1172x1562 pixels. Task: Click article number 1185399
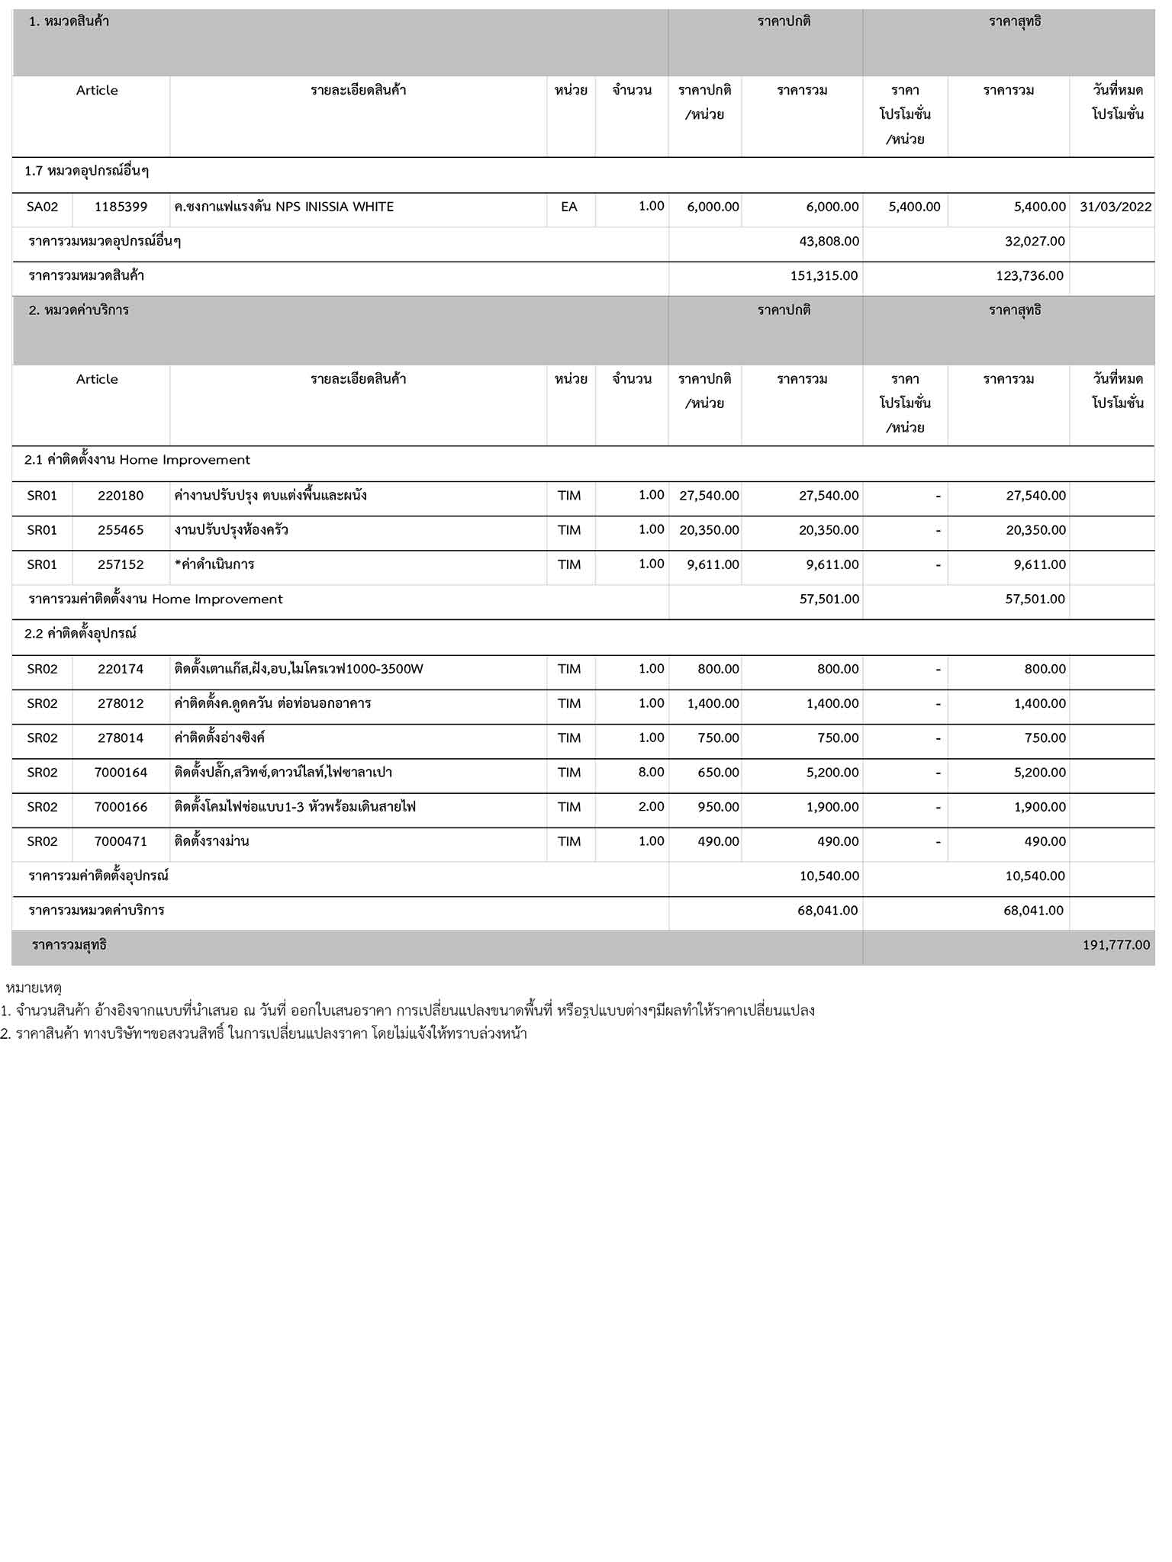pos(121,207)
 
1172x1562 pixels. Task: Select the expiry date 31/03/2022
pos(1116,207)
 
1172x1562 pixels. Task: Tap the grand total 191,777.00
pos(1116,945)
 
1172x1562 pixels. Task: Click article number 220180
pos(121,496)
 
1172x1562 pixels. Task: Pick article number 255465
pos(121,530)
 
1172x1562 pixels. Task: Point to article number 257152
pos(121,564)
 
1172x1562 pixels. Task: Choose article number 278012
pos(121,703)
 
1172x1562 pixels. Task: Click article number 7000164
pos(121,773)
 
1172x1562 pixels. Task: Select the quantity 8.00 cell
pos(651,772)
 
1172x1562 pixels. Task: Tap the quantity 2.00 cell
pos(651,806)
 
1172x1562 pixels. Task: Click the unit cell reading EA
pos(569,207)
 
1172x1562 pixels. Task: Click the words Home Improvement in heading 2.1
pos(185,460)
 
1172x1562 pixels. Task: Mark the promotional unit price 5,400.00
pos(914,207)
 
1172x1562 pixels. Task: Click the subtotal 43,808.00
pos(829,241)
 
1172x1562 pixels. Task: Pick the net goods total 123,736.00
pos(1029,276)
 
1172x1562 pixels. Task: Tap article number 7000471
pos(121,841)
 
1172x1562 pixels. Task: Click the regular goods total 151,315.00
pos(824,276)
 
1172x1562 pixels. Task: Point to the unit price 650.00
pos(718,773)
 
